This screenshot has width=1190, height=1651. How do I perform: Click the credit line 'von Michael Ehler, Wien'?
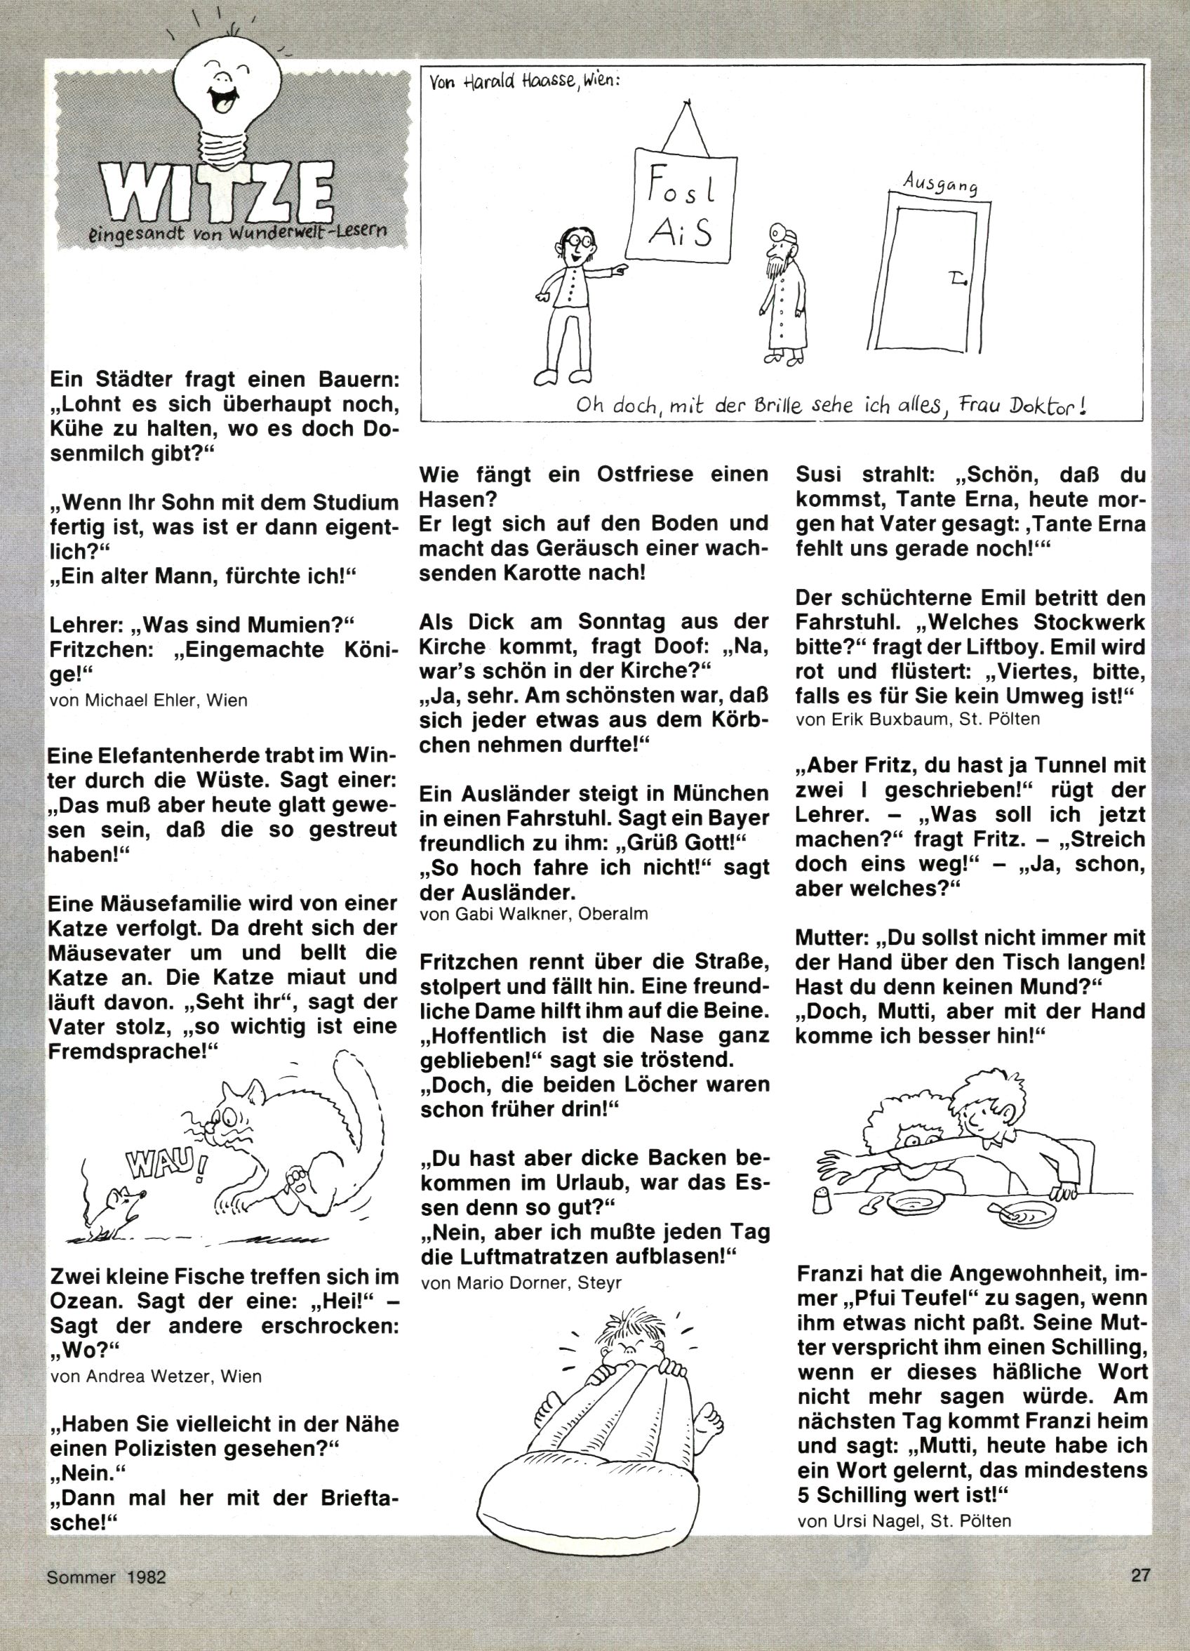(x=149, y=701)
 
